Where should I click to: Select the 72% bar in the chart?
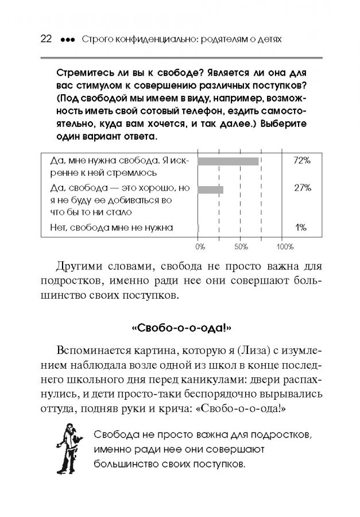click(228, 161)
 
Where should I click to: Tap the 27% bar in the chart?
click(210, 189)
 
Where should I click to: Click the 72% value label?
click(301, 161)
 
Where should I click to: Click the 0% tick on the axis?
click(200, 246)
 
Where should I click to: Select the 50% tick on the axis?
click(240, 246)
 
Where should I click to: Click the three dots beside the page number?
click(67, 40)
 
